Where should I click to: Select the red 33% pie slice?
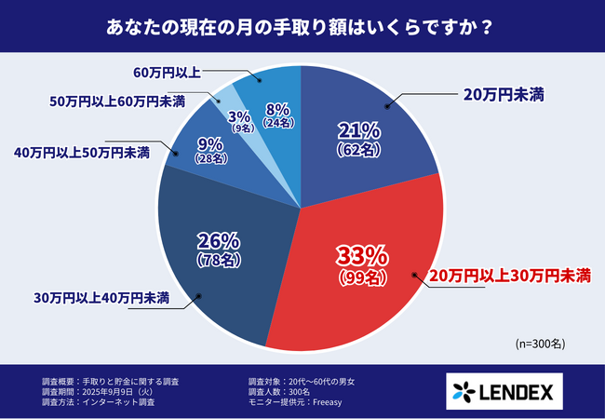click(372, 279)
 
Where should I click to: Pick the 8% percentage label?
click(278, 108)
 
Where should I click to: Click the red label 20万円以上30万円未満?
click(509, 276)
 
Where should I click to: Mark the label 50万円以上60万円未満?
click(116, 101)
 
